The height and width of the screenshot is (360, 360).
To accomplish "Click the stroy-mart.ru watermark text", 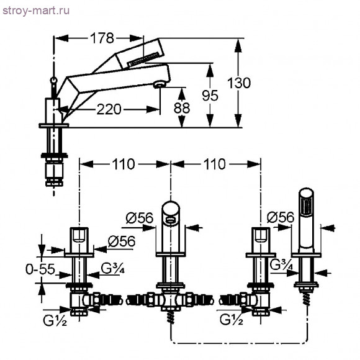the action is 36,11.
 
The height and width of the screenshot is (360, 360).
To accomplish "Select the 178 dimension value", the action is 102,38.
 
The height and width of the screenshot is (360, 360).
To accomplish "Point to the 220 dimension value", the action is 109,109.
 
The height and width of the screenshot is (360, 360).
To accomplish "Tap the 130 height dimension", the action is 239,83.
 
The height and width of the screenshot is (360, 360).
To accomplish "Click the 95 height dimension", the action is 210,96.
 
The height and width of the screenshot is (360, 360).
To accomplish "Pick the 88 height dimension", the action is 182,108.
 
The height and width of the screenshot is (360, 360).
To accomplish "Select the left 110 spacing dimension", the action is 124,164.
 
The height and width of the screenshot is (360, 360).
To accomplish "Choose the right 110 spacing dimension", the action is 215,164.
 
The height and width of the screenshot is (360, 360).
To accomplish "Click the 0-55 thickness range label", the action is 40,269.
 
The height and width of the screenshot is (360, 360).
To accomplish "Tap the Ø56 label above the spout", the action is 140,218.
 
